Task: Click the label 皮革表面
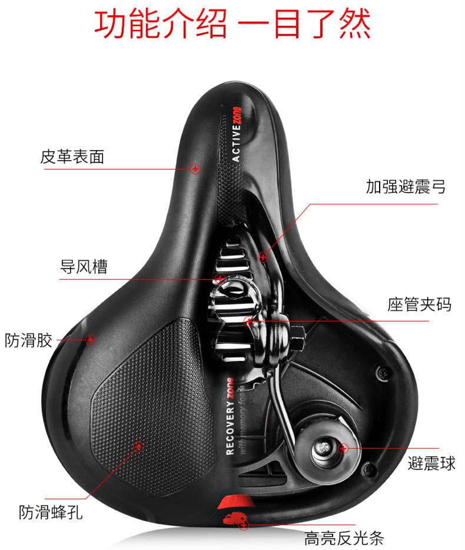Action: [x=72, y=157]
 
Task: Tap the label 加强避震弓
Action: [x=405, y=187]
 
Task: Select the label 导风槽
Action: [x=84, y=267]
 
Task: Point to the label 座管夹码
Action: [x=420, y=304]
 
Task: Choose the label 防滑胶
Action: [x=29, y=340]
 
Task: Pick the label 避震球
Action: [x=431, y=463]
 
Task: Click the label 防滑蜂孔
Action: [x=50, y=512]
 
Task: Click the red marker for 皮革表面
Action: [x=195, y=168]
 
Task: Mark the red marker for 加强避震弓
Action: [x=263, y=257]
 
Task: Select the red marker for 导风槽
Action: [x=219, y=278]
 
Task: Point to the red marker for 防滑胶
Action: [x=91, y=339]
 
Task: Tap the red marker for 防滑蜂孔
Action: [x=139, y=448]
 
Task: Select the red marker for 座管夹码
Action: [x=250, y=322]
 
